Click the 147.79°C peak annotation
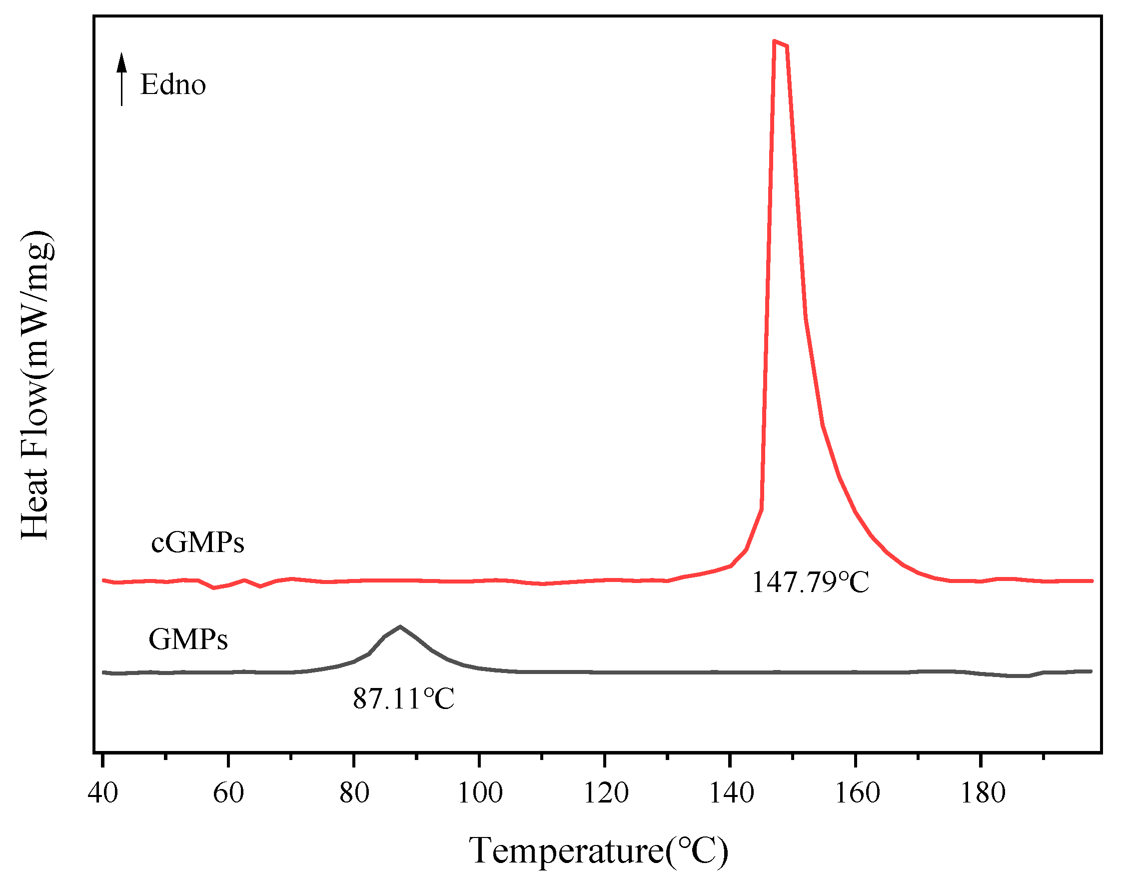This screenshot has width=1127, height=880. click(810, 582)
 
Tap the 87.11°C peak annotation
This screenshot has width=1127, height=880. click(403, 699)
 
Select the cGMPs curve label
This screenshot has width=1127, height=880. click(197, 542)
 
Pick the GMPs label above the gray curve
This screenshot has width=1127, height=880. click(188, 639)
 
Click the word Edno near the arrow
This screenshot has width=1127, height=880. click(173, 84)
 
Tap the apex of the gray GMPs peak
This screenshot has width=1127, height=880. click(400, 626)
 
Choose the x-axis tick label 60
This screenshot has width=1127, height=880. click(228, 793)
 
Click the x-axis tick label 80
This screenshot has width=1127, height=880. click(354, 793)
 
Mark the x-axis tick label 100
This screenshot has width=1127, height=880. click(479, 793)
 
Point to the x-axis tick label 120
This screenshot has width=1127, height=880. click(605, 793)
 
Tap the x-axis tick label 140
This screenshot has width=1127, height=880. click(731, 793)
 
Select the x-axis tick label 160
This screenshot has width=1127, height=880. click(857, 793)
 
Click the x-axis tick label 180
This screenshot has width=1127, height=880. click(982, 793)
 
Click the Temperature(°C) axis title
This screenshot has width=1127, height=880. click(599, 850)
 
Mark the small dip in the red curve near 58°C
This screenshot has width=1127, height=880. click(214, 588)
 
